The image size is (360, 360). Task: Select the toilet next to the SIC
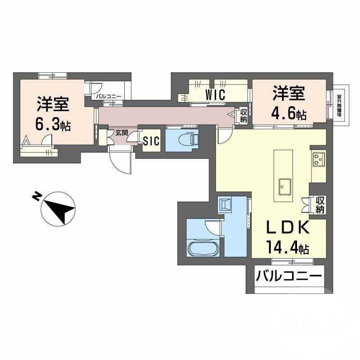point(185,139)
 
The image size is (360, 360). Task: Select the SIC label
point(151,141)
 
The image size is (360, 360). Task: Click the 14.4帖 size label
point(287,248)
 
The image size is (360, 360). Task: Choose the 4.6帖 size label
point(289,113)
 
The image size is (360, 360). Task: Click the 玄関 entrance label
point(121,132)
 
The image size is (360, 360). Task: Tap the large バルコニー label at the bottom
point(289,275)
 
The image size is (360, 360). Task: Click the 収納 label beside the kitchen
point(320,205)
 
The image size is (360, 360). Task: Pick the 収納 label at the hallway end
point(243,116)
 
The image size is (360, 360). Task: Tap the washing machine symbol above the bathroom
point(225,205)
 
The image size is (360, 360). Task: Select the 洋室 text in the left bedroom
point(53,104)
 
